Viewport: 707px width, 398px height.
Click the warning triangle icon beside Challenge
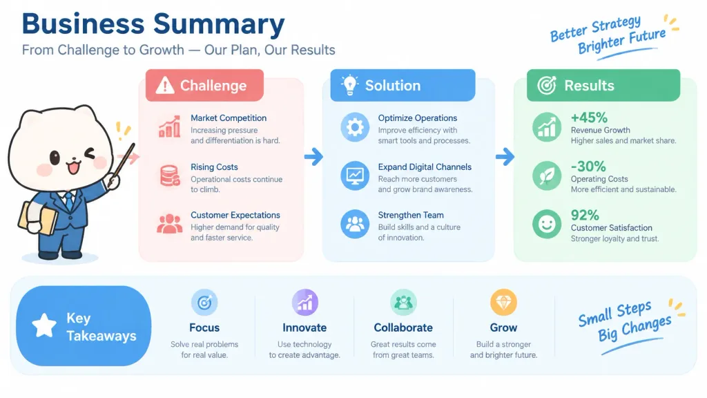(165, 85)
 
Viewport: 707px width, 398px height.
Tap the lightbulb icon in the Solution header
(349, 85)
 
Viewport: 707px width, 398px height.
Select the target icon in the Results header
(547, 85)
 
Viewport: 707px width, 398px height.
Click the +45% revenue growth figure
(589, 117)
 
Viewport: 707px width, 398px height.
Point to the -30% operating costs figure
(588, 167)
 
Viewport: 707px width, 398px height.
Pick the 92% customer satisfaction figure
(585, 216)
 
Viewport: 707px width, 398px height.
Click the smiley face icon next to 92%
(547, 224)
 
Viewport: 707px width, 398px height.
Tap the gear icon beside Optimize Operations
(355, 127)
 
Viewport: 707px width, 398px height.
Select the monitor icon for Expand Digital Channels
(355, 176)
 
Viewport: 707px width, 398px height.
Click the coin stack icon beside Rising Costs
(170, 176)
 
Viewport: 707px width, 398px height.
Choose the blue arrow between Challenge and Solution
(314, 157)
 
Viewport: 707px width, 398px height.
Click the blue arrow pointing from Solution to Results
(505, 157)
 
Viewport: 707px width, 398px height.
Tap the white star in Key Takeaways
(44, 325)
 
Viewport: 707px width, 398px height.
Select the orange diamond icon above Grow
(503, 303)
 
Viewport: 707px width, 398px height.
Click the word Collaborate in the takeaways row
(403, 328)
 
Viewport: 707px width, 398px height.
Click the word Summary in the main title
(219, 24)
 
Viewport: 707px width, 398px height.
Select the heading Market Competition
(228, 117)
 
